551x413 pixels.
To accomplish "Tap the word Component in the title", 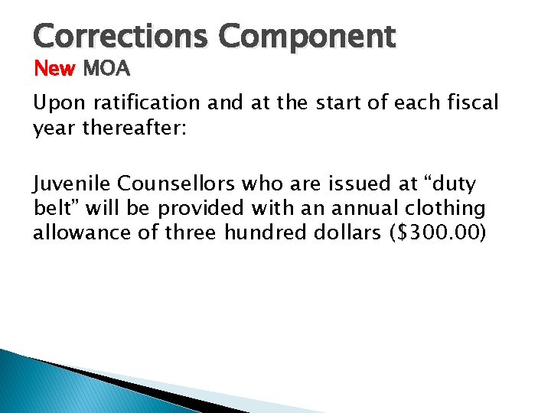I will (x=308, y=37).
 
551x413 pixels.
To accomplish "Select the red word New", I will (x=55, y=70).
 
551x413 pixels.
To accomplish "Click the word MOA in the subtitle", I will (x=106, y=70).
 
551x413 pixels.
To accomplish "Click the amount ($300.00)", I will (x=439, y=232).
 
